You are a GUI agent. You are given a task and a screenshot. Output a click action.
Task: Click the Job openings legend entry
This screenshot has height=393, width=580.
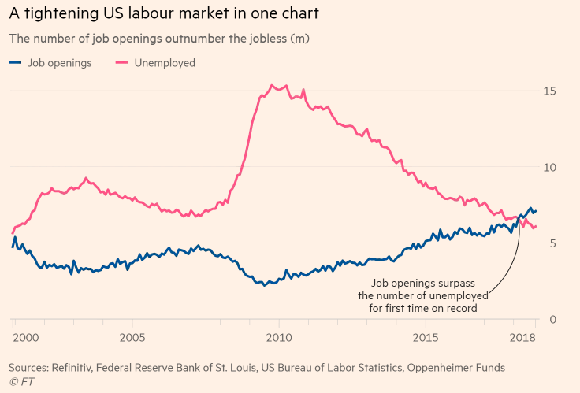(x=59, y=63)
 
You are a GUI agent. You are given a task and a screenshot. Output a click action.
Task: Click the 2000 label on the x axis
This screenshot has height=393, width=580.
(x=27, y=338)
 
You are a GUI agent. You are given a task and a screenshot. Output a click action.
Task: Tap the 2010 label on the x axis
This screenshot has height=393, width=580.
(x=278, y=338)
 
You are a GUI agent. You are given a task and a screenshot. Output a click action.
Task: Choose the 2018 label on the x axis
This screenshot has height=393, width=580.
(x=522, y=338)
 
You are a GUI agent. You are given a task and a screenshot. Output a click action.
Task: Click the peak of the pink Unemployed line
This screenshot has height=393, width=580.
(x=272, y=85)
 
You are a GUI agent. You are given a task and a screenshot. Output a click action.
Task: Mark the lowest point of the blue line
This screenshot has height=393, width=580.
(x=265, y=285)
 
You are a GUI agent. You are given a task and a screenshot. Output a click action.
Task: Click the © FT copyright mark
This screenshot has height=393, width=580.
(x=20, y=381)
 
